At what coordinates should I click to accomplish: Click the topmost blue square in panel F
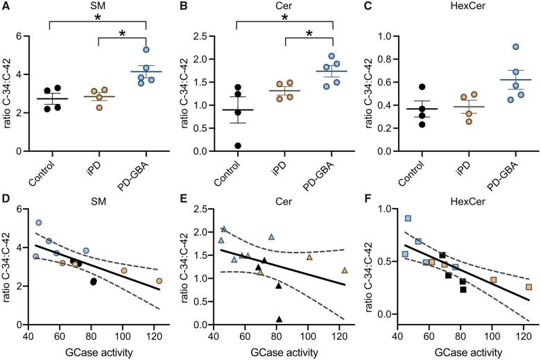pos(408,218)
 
